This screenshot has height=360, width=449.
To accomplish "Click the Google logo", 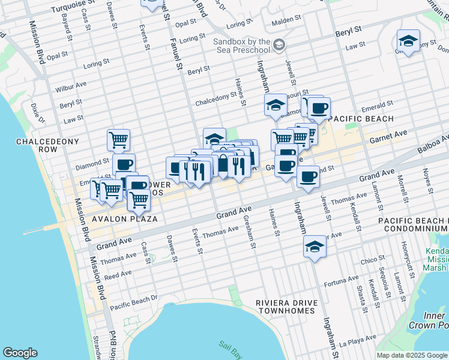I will coord(20,353).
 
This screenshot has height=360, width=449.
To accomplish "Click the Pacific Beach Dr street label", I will coord(133,298).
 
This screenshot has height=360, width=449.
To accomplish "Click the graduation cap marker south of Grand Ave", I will coord(314,247).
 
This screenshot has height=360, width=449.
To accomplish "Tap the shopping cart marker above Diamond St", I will coord(119,140).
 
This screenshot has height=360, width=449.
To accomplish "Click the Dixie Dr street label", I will coord(35,111).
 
